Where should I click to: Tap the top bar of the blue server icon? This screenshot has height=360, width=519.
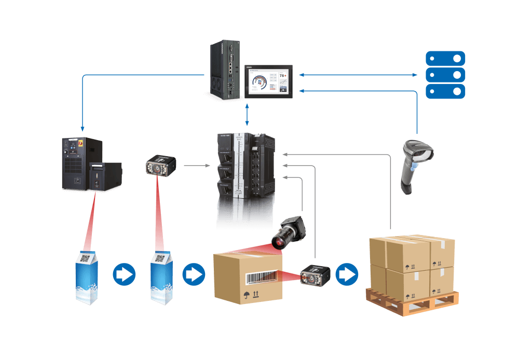pos(445,58)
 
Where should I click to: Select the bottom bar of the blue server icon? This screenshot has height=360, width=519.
pos(445,91)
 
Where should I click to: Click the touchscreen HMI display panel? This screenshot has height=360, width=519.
pos(269,81)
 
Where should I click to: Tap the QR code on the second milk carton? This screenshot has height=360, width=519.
pos(160,258)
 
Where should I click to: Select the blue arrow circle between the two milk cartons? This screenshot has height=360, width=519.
pos(124,274)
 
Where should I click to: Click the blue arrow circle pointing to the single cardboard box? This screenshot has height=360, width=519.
pos(194,274)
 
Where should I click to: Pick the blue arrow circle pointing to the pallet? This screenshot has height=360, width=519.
pos(347,274)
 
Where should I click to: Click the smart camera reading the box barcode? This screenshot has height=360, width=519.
pos(316,276)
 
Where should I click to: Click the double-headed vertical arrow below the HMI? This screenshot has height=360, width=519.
pos(247,114)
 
